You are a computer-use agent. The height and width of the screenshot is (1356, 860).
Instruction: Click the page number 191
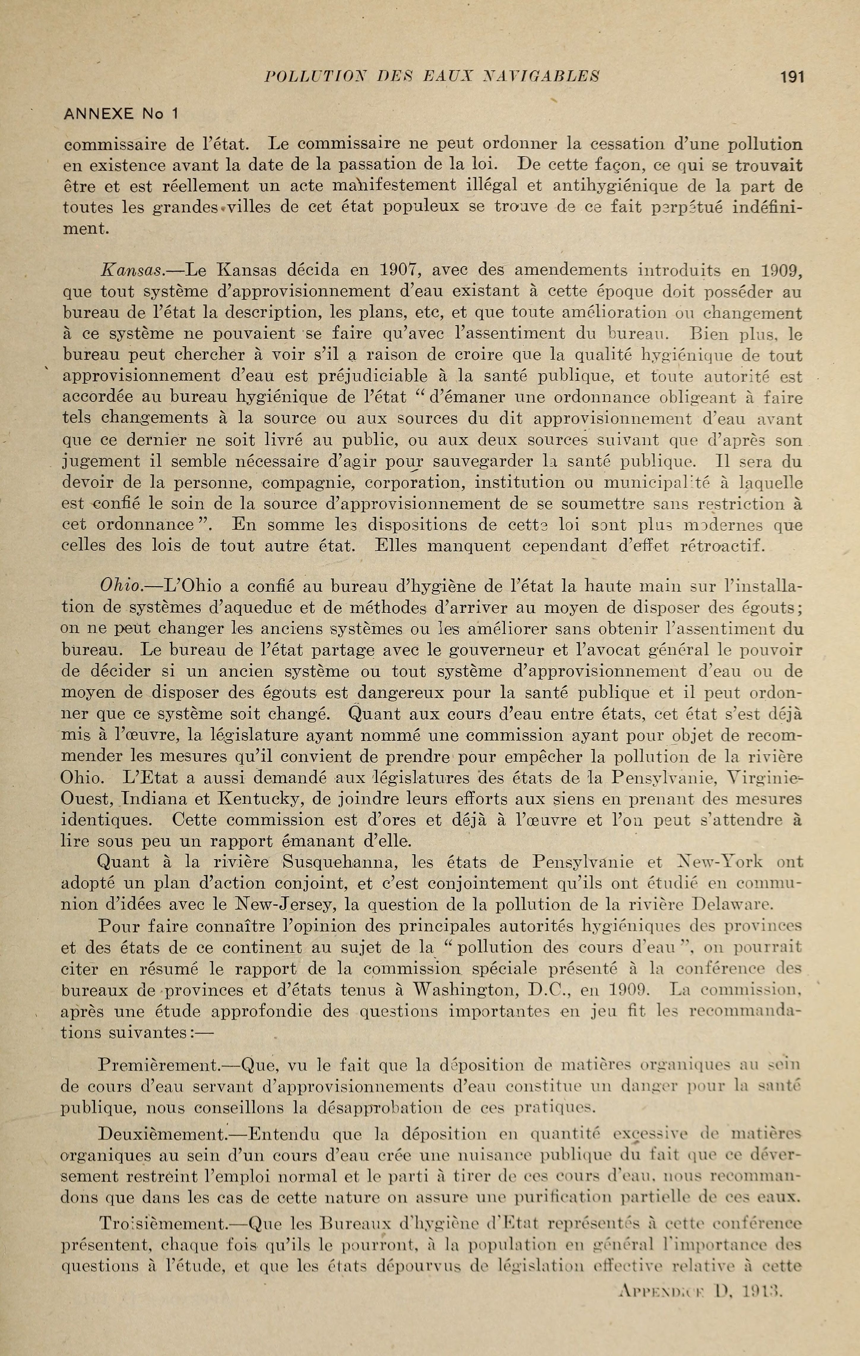click(791, 77)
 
